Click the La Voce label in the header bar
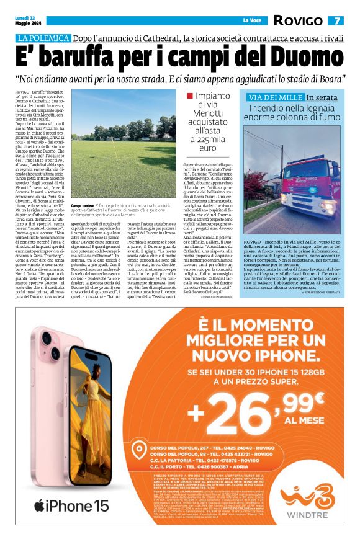pos(251,21)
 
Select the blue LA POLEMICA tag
pos(43,38)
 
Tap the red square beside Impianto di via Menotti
pos(190,97)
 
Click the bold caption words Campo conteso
pos(83,205)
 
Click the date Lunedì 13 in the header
pos(25,18)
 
